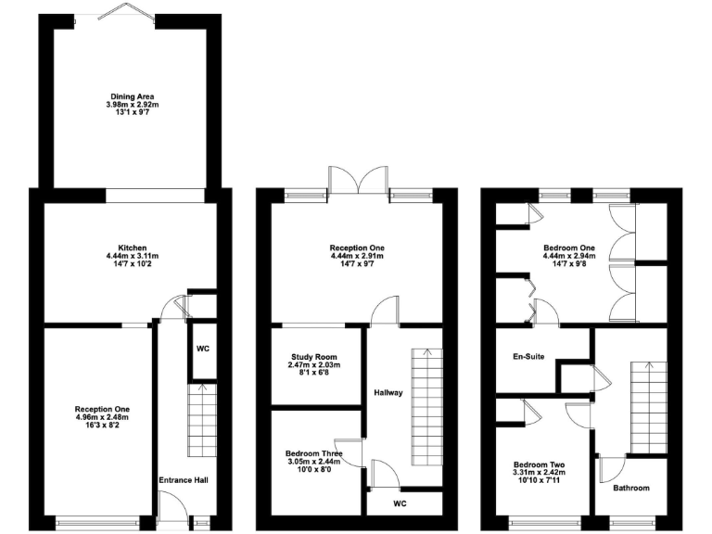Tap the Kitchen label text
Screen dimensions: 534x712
point(133,247)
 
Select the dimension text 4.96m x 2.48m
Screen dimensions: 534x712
point(102,417)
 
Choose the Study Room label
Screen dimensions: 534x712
point(312,357)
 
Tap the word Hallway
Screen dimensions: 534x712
point(388,392)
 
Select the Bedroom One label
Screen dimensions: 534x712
point(568,248)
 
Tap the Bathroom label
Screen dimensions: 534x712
point(630,488)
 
